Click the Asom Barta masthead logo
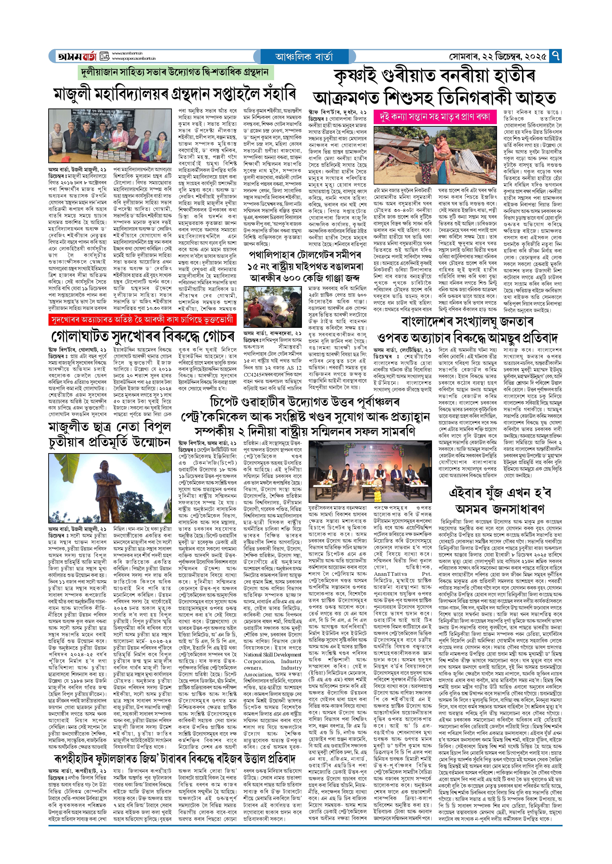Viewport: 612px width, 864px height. point(77,56)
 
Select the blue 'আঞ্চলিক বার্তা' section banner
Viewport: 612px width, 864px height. point(304,56)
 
